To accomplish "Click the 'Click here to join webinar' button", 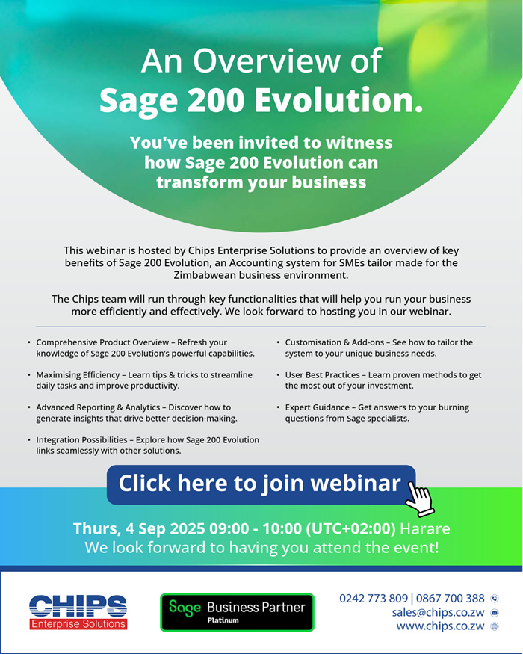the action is coord(261,484).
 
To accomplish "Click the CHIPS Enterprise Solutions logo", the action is coord(78,612).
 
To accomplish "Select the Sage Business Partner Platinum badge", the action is coord(237,612).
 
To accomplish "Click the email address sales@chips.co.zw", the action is coord(438,612).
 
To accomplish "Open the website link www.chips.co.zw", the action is coord(440,626).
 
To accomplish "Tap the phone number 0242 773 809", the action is coord(374,599).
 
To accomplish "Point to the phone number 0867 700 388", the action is coord(450,599).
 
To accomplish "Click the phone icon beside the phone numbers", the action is coord(495,599).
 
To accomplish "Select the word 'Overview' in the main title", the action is coord(267,61).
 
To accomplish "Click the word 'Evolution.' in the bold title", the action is coord(338,100).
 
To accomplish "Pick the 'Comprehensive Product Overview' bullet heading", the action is coord(102,342).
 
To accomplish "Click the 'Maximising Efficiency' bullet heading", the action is coord(78,375).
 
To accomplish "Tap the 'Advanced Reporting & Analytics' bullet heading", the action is coord(98,407).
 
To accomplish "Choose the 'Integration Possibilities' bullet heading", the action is coord(81,440).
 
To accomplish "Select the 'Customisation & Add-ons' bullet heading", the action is coord(335,342).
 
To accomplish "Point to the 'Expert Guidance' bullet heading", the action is coord(318,407).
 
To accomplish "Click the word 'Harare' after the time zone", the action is coord(425,529).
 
